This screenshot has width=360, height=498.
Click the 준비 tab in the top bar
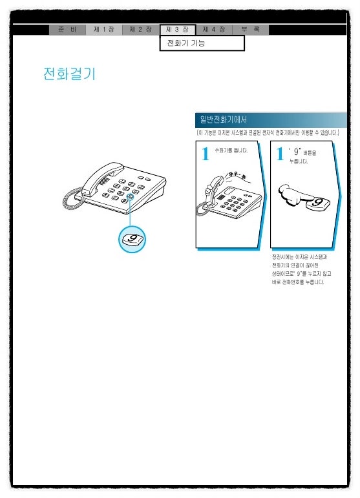tap(67, 30)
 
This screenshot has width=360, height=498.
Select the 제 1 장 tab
tap(104, 30)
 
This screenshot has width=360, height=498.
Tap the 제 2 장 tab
tap(141, 30)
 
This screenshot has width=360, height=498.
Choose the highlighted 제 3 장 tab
tap(178, 30)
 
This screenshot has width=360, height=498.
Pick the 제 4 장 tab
tap(214, 30)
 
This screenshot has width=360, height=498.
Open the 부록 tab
tap(251, 30)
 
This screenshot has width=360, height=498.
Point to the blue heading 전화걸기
tap(69, 74)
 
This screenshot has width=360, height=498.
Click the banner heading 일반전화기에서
tap(224, 119)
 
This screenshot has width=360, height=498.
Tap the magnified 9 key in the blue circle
tap(132, 240)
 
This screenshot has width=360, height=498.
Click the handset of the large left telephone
tap(102, 176)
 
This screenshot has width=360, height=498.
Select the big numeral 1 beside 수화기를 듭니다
tap(206, 154)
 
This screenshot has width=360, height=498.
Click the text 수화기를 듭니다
tap(231, 150)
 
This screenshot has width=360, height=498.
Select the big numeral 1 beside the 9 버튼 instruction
tap(280, 154)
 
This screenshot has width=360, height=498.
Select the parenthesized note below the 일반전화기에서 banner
tap(268, 132)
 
